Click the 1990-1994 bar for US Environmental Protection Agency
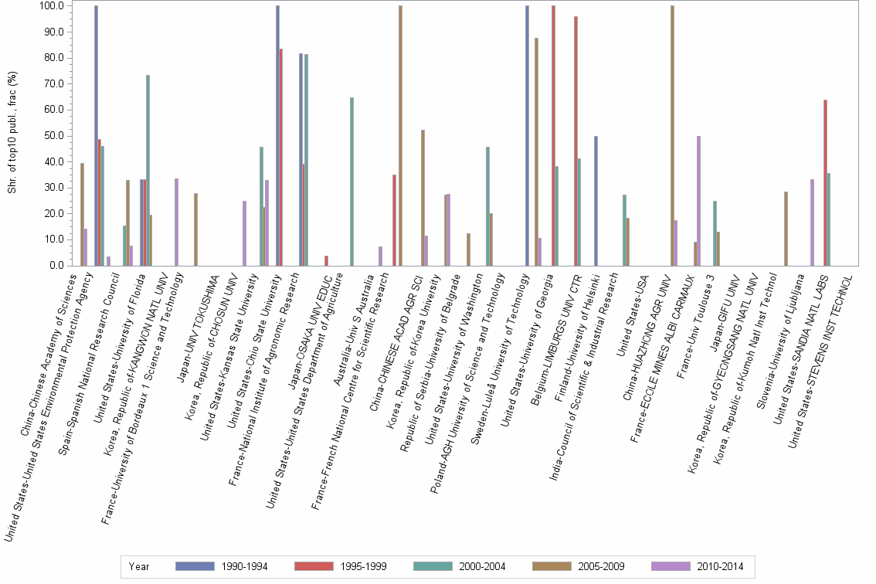point(97,135)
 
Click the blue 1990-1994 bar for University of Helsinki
point(596,201)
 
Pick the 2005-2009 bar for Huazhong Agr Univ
point(672,135)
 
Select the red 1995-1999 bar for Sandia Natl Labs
point(825,182)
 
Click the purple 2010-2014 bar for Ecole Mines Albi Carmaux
point(698,201)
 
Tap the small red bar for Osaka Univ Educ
point(327,260)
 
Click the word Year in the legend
point(139,566)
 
